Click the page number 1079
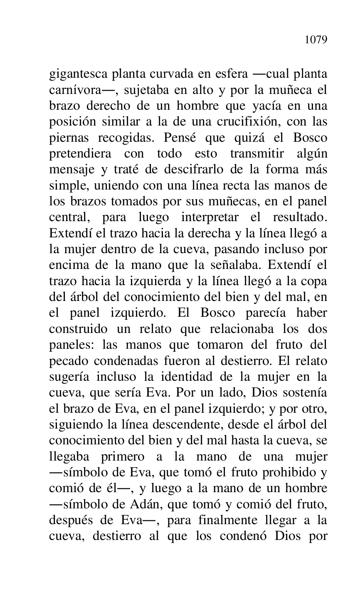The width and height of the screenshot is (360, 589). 316,40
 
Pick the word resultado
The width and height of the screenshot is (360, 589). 300,217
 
